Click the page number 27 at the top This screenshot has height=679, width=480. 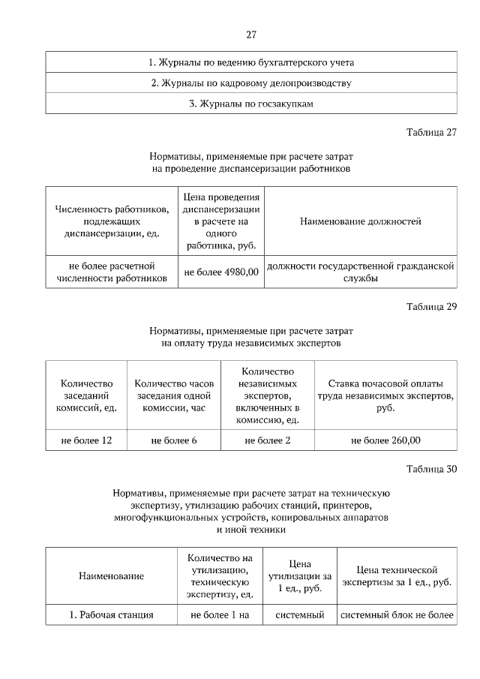click(x=251, y=34)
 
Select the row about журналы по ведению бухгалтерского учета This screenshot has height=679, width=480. click(x=251, y=62)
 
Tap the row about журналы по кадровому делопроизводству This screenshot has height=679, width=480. click(x=251, y=83)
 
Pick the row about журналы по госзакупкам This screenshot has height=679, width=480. click(x=251, y=104)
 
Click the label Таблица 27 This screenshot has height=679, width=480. click(x=431, y=133)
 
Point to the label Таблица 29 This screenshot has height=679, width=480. click(x=431, y=306)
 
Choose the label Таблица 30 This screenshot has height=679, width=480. click(x=431, y=470)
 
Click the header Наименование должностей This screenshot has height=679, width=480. click(x=360, y=221)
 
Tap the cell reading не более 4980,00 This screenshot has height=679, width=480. click(x=221, y=272)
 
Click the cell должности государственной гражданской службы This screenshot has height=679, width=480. click(x=360, y=272)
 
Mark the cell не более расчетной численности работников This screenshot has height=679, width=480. click(x=111, y=272)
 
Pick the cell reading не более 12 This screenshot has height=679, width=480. click(x=86, y=440)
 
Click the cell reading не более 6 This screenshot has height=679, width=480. click(x=174, y=440)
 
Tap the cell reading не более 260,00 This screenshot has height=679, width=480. click(x=385, y=440)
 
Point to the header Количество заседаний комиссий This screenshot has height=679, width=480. click(x=86, y=395)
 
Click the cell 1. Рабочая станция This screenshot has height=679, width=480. click(x=111, y=615)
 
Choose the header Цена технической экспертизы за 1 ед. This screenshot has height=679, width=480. click(x=397, y=575)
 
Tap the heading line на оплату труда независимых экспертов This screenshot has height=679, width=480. click(x=251, y=343)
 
